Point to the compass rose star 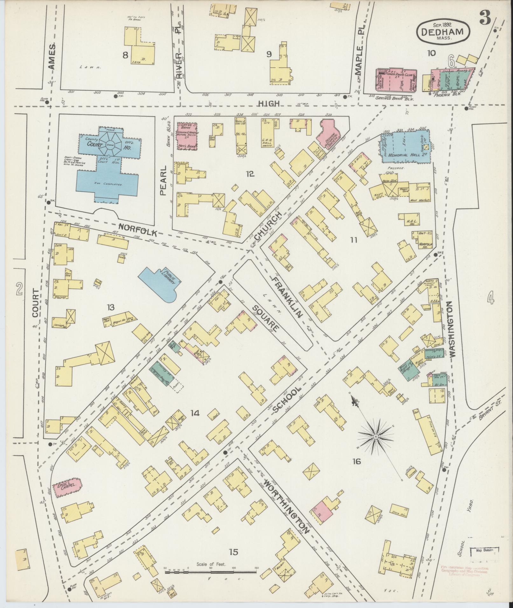[376, 437]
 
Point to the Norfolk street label [138, 229]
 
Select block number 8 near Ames [126, 55]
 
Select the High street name [269, 103]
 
